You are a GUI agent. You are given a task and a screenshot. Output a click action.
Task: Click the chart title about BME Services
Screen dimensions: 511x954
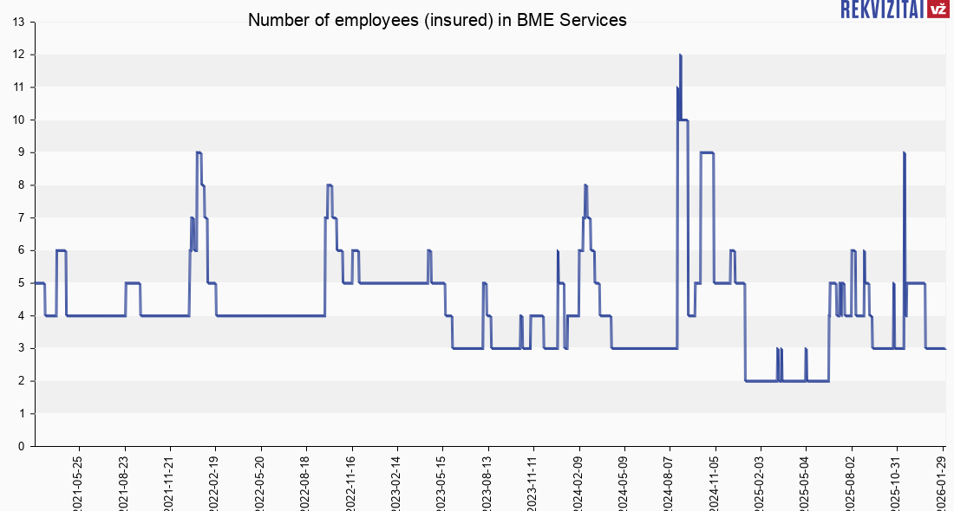[x=437, y=20]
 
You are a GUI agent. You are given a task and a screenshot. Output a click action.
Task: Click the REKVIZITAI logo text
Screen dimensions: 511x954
[x=881, y=10]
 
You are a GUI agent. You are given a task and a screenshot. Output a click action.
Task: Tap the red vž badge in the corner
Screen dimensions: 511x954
[x=938, y=10]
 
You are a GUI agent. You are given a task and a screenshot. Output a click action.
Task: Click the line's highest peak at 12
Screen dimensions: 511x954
[x=680, y=55]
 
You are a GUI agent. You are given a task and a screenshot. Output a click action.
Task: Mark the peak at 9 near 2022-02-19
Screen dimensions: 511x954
[x=199, y=152]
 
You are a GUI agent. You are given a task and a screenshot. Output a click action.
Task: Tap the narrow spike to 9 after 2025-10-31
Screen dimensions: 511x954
[x=904, y=153]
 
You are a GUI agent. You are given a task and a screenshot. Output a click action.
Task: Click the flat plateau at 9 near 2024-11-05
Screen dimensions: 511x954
[x=707, y=152]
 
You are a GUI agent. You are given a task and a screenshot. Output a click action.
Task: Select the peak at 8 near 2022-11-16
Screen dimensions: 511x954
[x=329, y=185]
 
